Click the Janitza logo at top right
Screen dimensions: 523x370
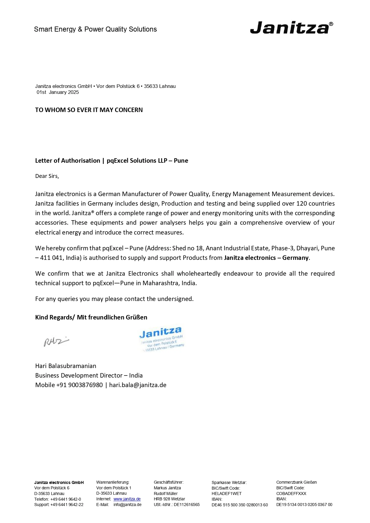(x=291, y=27)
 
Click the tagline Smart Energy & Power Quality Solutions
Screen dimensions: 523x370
(x=95, y=29)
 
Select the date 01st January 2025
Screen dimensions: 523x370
(x=58, y=92)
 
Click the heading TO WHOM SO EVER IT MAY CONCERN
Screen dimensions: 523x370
(x=89, y=110)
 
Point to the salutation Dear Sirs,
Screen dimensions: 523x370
(x=47, y=176)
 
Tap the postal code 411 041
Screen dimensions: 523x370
(x=51, y=258)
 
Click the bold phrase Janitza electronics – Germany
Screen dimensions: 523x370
(x=266, y=258)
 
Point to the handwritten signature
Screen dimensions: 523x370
(x=56, y=342)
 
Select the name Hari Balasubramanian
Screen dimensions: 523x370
(x=66, y=366)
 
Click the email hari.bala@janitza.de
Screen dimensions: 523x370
(x=138, y=385)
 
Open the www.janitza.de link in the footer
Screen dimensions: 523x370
(x=127, y=499)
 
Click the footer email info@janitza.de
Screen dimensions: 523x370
(x=127, y=505)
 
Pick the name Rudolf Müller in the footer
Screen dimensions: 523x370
(x=166, y=493)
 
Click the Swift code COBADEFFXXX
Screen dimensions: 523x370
(x=291, y=493)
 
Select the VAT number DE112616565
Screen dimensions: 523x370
(x=187, y=505)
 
